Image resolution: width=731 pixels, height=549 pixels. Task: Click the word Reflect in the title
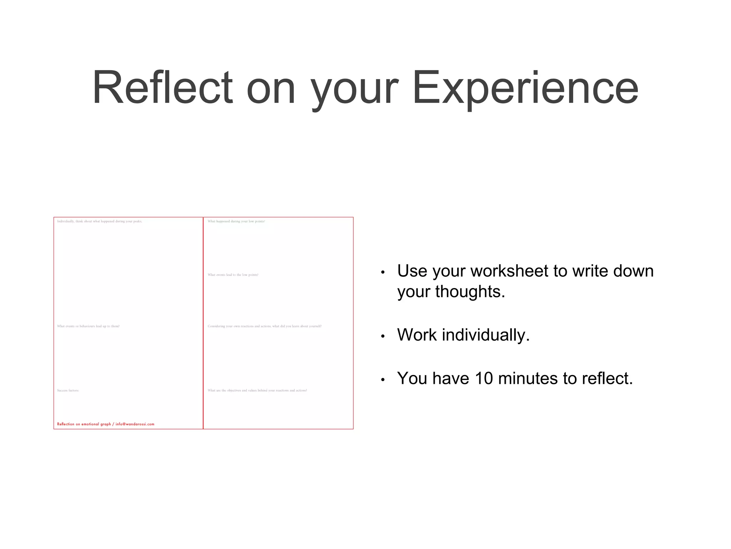(162, 88)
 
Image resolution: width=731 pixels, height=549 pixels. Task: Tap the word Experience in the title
(525, 88)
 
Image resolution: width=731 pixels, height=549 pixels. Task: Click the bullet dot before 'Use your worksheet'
(383, 272)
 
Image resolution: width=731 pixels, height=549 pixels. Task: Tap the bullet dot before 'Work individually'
(383, 336)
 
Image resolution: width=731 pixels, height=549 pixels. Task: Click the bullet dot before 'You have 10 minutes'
(383, 380)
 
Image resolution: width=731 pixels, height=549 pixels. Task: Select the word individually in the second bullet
(486, 335)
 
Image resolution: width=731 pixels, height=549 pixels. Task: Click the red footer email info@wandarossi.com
(135, 424)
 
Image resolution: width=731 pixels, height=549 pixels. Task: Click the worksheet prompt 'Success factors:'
(68, 391)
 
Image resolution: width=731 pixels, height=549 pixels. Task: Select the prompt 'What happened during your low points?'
(236, 222)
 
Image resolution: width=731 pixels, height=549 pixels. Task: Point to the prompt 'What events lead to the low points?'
(233, 275)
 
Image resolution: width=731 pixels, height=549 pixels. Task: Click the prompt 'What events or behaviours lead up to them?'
(88, 326)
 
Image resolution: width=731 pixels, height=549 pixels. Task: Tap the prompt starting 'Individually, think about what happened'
(99, 222)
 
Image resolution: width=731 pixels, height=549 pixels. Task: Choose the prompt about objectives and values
(257, 391)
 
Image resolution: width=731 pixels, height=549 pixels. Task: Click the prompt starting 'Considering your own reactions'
(264, 326)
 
